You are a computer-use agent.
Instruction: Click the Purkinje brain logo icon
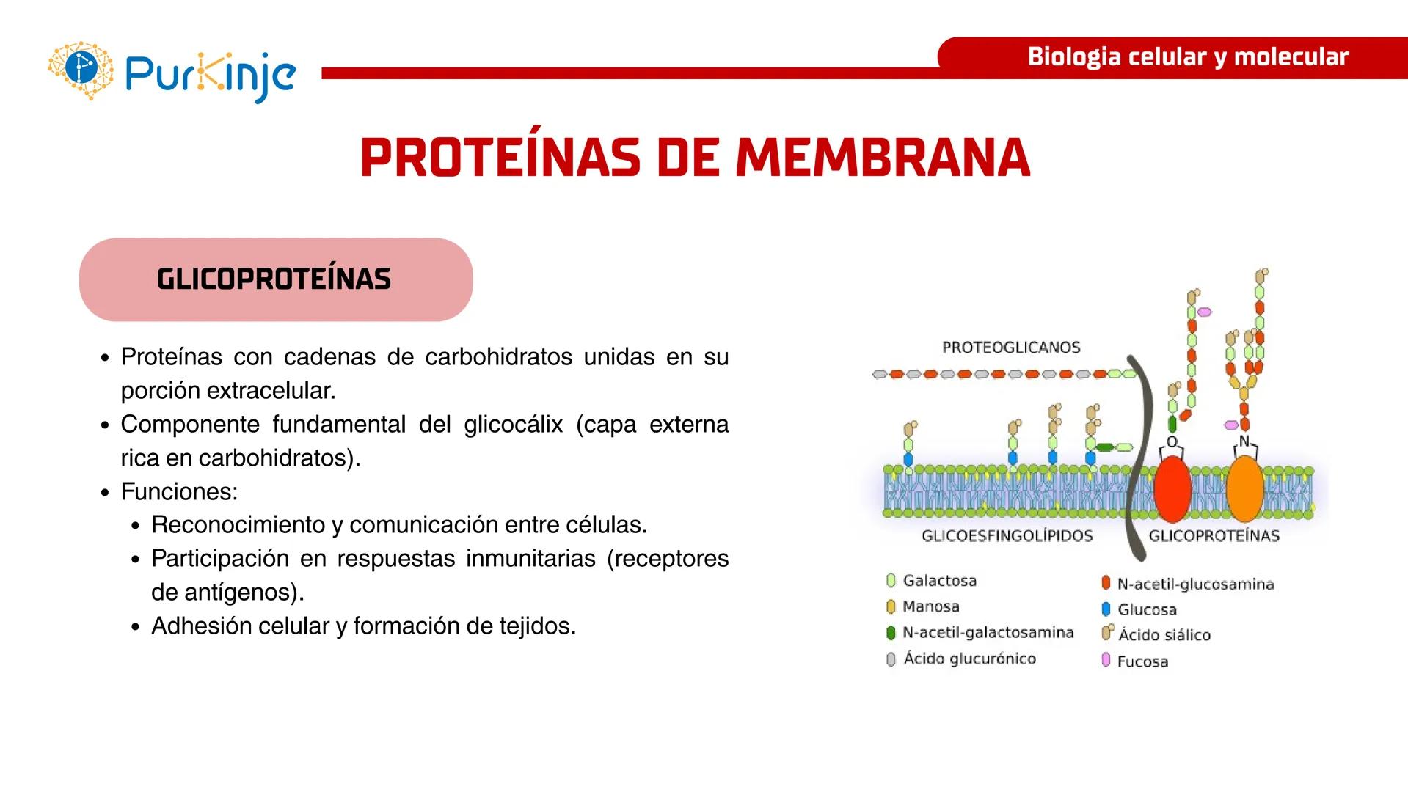[81, 70]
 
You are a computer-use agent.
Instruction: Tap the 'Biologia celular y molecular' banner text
[1187, 56]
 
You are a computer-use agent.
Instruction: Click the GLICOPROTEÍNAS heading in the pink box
[274, 279]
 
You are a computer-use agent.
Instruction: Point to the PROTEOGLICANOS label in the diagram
[1010, 348]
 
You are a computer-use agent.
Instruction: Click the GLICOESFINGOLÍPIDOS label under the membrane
[1007, 536]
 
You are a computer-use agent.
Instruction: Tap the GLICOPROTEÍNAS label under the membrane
[1214, 536]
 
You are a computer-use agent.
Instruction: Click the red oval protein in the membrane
[1172, 488]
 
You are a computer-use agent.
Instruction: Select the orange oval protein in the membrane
[1244, 488]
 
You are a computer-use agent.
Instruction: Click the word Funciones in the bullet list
[178, 491]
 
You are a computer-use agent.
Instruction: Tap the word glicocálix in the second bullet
[513, 424]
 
